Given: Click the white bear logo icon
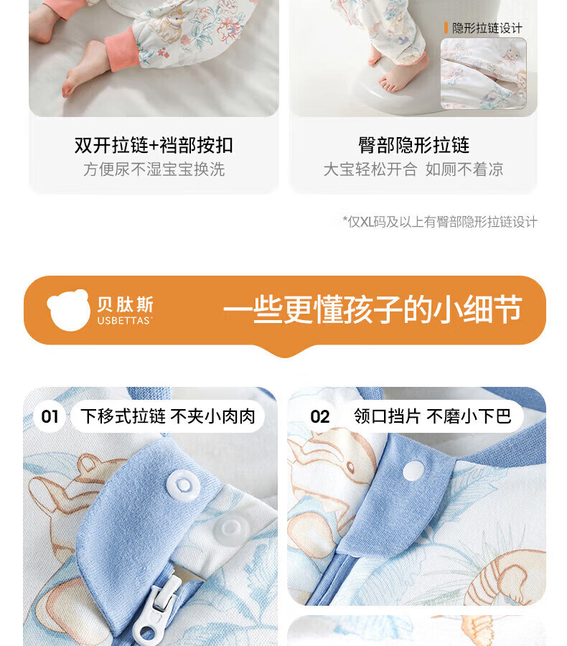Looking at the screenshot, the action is (x=68, y=310).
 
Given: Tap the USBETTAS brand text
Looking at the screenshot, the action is (x=125, y=321).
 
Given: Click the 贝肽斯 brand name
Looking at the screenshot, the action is (x=126, y=304).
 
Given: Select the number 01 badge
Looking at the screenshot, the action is (x=50, y=416).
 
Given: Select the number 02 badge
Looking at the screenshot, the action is (x=320, y=416).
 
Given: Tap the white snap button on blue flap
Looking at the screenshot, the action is (x=183, y=484).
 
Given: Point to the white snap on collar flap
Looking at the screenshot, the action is (x=413, y=470).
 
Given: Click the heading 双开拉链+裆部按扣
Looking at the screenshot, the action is (x=154, y=145).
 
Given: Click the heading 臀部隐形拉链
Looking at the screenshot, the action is (x=413, y=145).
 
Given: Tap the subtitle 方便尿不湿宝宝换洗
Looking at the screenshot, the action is (x=154, y=169).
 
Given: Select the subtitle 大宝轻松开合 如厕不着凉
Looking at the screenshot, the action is (x=413, y=169).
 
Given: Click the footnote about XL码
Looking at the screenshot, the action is (x=440, y=222).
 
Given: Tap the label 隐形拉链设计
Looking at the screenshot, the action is (x=487, y=28).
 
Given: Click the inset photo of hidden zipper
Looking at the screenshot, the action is (x=483, y=74).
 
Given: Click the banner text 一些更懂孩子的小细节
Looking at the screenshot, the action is (x=372, y=309).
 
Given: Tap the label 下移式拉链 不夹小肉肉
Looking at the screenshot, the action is (x=168, y=416).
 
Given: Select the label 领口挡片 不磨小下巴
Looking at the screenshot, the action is (x=433, y=416).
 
